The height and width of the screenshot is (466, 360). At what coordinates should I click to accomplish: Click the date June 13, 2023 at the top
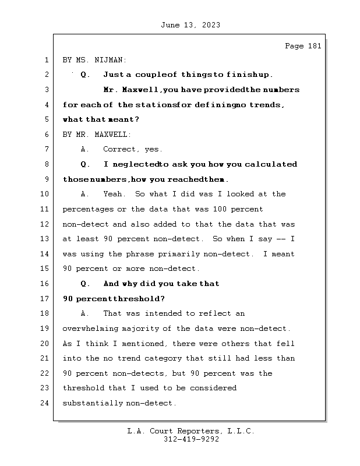coord(190,25)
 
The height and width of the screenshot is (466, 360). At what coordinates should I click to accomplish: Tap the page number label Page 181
coord(302,46)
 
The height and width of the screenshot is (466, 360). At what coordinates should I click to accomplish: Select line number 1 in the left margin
coord(45,60)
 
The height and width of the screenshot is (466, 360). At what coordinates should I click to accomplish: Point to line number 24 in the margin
coord(45,403)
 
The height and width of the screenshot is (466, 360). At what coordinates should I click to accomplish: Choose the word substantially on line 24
coord(90,403)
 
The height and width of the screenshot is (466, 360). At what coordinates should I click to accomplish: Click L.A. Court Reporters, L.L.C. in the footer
coord(190,432)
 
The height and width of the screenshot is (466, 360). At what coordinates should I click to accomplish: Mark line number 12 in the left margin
coord(45,224)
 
